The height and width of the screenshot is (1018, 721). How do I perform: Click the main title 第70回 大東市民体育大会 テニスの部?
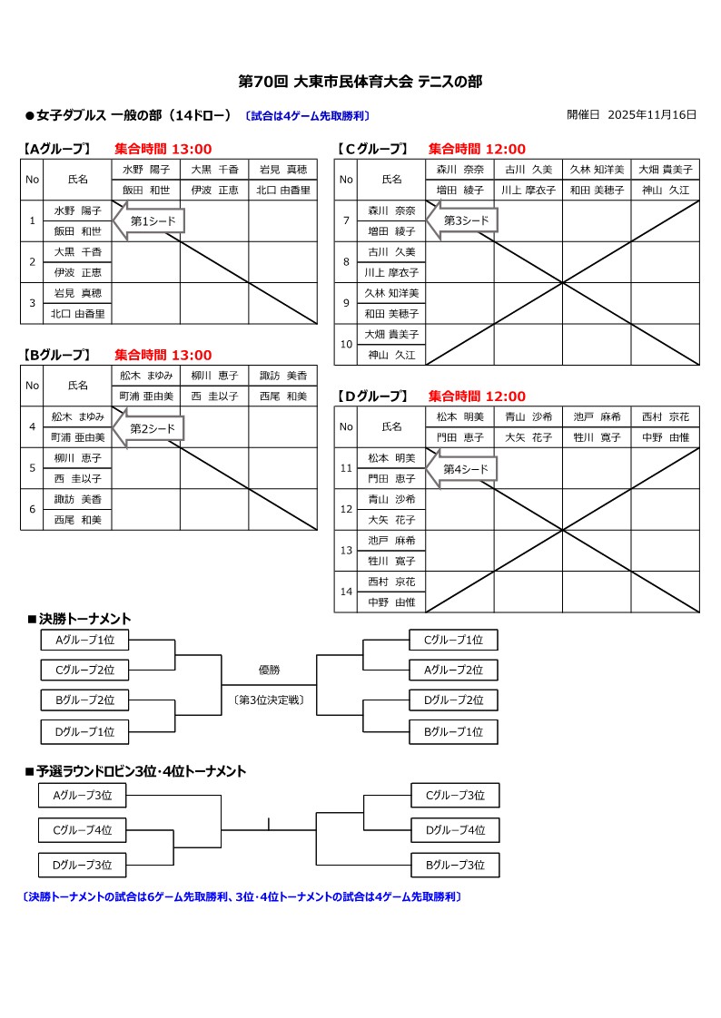pos(360,82)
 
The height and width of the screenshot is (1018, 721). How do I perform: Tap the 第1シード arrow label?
pos(153,220)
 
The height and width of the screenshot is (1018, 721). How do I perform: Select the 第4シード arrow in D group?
pos(466,469)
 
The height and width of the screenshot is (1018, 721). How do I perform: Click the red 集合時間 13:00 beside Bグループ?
pos(163,355)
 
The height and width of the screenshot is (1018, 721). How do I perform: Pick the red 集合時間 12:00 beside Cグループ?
pos(477,149)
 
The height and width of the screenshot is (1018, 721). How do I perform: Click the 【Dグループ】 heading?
pos(371,396)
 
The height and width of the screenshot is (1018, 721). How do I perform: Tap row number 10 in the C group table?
pos(346,345)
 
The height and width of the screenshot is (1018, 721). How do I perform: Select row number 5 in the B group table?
pos(32,468)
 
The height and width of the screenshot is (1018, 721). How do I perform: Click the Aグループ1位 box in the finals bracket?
pos(84,640)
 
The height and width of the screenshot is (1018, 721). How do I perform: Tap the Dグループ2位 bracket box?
pos(453,700)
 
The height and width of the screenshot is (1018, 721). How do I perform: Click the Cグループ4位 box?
pos(82,829)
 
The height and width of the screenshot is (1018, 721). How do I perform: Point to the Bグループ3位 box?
pos(455,865)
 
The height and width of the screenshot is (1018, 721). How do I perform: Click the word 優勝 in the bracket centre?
pos(269,670)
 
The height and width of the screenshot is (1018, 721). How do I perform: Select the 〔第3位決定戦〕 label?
pos(269,700)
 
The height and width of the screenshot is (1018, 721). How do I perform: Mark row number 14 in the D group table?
pos(346,592)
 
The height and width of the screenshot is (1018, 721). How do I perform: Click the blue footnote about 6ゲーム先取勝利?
pos(242,896)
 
